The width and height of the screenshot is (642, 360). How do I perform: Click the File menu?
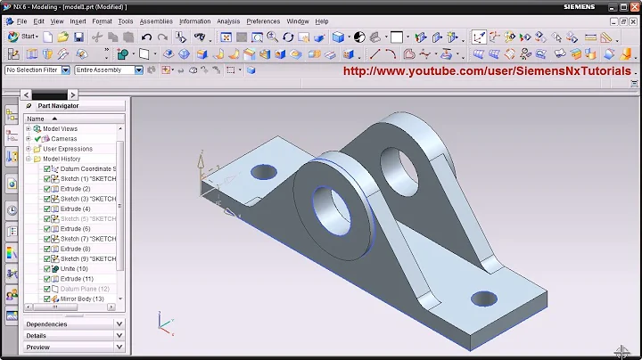[21, 20]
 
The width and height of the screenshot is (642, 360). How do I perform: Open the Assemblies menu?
[156, 20]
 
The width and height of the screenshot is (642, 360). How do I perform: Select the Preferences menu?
[263, 20]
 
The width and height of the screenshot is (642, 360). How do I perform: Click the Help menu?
[322, 20]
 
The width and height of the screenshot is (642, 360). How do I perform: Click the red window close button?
[631, 6]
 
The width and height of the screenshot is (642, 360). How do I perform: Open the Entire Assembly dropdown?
[108, 70]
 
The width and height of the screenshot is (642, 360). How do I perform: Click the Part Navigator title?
[58, 105]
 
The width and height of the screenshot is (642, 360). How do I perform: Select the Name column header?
[36, 119]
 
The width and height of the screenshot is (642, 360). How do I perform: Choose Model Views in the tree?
[60, 129]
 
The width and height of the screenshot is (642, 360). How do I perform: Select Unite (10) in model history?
[74, 269]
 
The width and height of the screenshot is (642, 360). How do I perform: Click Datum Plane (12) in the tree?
[84, 289]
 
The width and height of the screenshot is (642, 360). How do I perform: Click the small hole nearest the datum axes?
[264, 170]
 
